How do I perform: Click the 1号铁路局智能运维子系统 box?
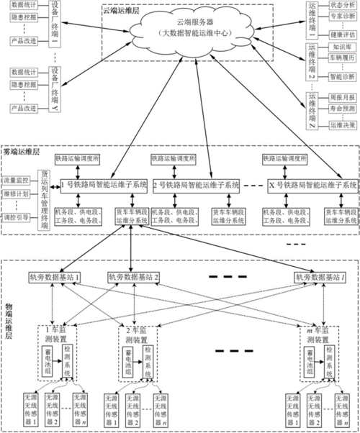(x=102, y=186)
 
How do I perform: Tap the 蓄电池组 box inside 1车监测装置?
(x=49, y=360)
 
